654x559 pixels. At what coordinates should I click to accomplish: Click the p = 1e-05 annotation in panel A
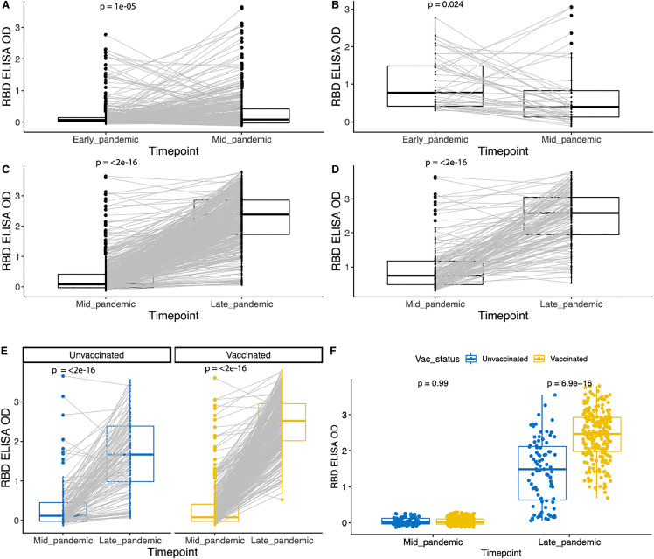(118, 7)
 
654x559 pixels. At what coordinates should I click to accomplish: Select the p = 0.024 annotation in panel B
(445, 5)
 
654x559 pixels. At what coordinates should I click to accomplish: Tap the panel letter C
(5, 171)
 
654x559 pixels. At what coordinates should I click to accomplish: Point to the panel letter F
(333, 350)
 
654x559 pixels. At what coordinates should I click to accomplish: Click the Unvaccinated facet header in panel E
(97, 355)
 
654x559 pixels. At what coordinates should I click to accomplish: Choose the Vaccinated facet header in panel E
(248, 355)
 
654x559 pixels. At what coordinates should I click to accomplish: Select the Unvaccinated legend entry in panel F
(497, 359)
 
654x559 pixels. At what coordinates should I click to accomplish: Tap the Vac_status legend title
(437, 360)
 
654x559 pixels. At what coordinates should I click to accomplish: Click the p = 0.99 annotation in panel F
(433, 383)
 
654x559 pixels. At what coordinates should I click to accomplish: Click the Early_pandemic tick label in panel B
(435, 140)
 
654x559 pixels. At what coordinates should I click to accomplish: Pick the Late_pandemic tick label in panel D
(571, 304)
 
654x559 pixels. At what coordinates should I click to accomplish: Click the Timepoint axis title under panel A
(174, 151)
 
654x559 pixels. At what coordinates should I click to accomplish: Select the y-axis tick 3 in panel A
(18, 28)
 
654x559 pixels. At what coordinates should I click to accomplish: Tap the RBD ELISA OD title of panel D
(336, 232)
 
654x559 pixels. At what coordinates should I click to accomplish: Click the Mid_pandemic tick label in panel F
(433, 542)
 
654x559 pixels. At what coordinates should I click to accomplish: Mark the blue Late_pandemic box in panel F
(542, 473)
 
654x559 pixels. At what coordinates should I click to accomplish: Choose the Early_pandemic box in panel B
(435, 87)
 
